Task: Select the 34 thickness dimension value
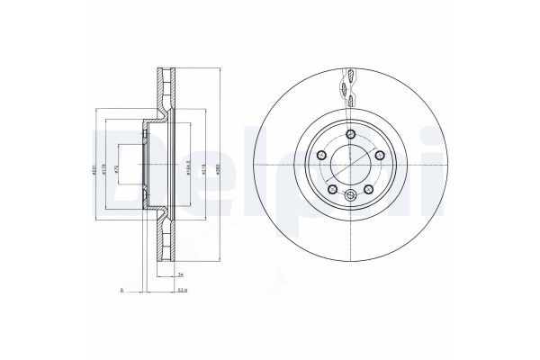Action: click(181, 274)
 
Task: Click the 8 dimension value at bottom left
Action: click(121, 291)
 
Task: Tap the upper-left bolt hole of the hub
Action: click(321, 157)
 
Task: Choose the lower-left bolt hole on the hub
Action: click(332, 191)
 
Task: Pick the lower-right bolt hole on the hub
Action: click(368, 191)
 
